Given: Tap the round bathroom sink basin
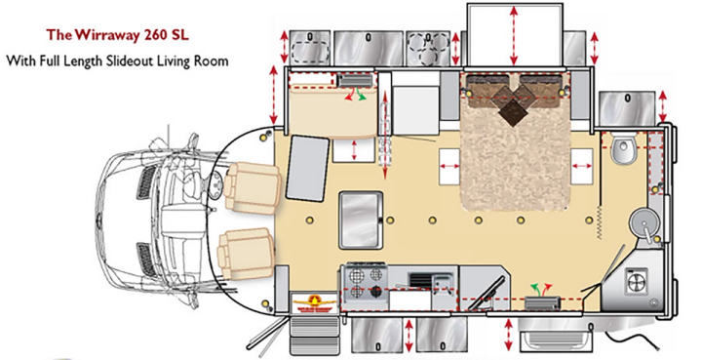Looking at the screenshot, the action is click(643, 221).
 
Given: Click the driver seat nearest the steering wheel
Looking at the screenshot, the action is click(253, 187).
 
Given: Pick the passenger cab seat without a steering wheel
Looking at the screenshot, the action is click(247, 253).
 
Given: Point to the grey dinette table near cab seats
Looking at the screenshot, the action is click(307, 169).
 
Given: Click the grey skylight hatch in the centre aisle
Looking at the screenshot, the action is click(361, 220).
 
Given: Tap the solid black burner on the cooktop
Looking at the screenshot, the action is click(376, 293).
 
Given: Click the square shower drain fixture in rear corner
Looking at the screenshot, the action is click(637, 281).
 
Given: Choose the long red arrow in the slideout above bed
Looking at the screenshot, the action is click(514, 35).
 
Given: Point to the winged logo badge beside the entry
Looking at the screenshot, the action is click(315, 303).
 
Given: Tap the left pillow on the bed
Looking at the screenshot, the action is click(488, 84).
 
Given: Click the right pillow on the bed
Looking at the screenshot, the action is click(540, 84).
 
